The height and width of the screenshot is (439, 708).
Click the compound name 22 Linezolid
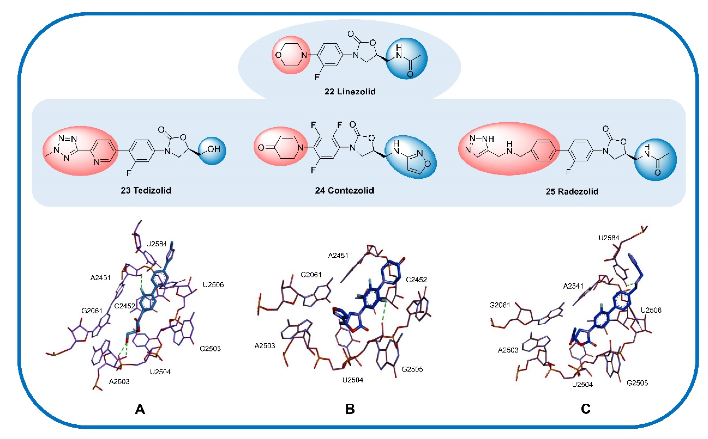click(x=350, y=92)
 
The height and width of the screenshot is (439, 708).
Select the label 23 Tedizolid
click(x=146, y=190)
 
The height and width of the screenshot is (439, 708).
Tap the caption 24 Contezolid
click(x=344, y=190)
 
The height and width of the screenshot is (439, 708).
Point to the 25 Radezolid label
click(x=572, y=192)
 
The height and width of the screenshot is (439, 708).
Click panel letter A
click(x=140, y=409)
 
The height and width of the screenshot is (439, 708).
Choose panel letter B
click(x=350, y=409)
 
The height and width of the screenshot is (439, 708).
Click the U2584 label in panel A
click(x=156, y=244)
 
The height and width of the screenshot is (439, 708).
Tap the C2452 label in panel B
click(x=416, y=280)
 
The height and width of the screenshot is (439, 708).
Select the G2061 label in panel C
click(x=499, y=305)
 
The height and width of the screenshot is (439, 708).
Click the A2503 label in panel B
click(x=265, y=346)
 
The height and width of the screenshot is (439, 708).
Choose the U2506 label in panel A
click(x=213, y=285)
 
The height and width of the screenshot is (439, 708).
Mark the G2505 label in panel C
click(x=637, y=383)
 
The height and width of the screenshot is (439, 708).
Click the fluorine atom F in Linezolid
click(x=317, y=77)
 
